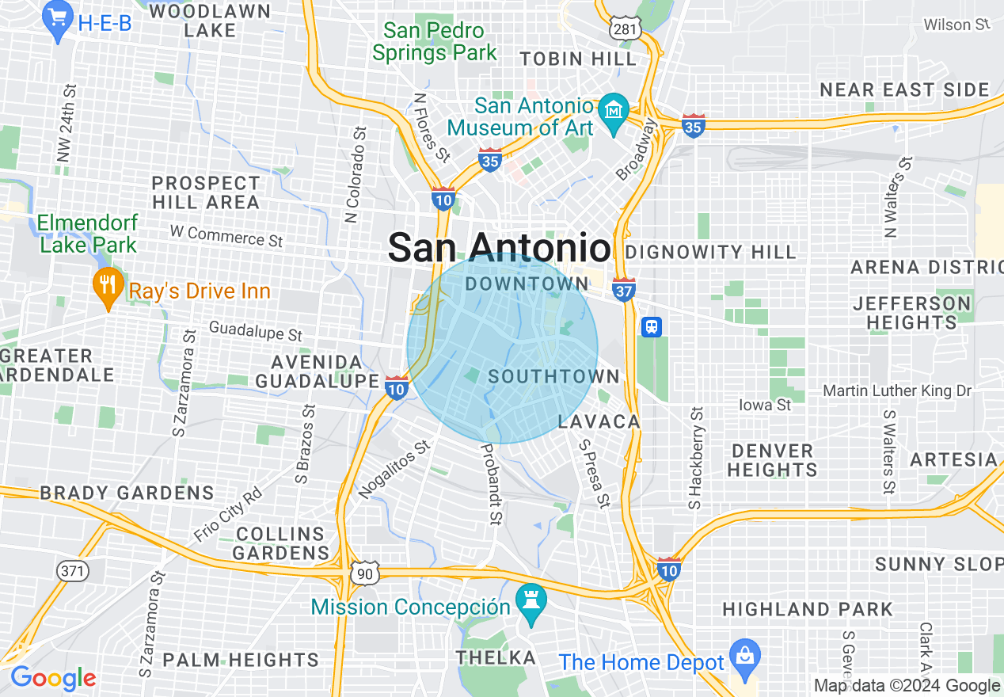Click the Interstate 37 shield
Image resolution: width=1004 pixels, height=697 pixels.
point(624,290)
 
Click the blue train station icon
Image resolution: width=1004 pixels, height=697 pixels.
point(652,326)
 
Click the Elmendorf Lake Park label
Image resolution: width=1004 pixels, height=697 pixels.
point(88,234)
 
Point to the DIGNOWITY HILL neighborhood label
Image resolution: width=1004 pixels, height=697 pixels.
point(710,253)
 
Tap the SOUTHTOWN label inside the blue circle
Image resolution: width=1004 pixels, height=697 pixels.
point(553,376)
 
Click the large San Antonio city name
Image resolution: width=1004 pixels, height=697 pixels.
point(499,248)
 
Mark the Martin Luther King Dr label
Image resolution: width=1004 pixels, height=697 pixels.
point(897,390)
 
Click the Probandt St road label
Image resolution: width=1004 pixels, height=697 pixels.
point(490,483)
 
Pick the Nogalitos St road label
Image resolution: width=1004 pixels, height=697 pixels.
point(394,469)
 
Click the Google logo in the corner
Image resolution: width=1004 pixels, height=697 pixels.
point(53,678)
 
